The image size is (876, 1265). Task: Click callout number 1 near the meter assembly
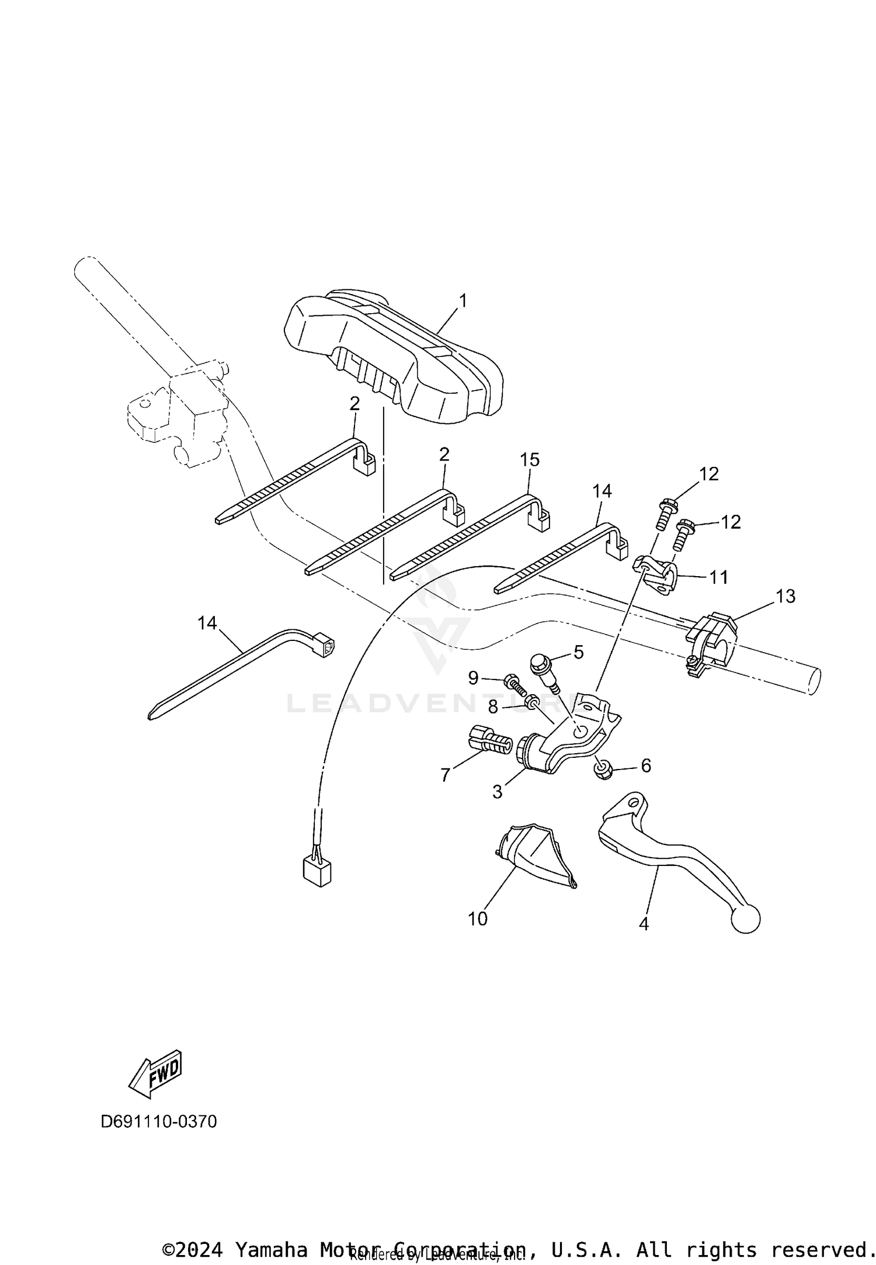click(x=463, y=301)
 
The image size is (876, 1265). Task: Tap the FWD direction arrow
click(x=155, y=1074)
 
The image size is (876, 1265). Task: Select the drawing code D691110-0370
click(x=159, y=1121)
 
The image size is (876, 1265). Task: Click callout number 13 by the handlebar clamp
click(x=785, y=597)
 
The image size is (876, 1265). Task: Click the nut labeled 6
click(x=603, y=771)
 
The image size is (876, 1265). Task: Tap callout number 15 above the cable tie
click(x=530, y=460)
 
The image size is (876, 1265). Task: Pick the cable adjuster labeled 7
click(x=489, y=744)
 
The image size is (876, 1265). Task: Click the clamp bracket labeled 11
click(x=655, y=574)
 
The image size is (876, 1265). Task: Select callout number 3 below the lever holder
click(x=497, y=792)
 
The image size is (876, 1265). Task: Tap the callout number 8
click(x=493, y=708)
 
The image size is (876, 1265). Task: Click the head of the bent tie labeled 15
click(x=542, y=518)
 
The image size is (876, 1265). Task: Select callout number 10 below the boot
click(x=478, y=919)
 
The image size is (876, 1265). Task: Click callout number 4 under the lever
click(x=644, y=924)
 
